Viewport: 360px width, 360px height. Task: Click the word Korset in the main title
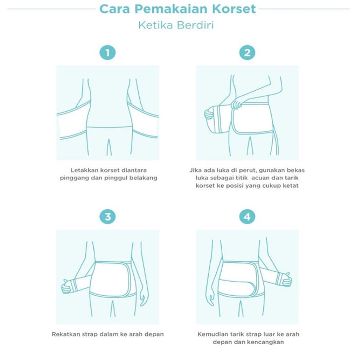(234, 9)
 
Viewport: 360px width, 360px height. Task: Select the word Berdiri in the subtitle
(195, 25)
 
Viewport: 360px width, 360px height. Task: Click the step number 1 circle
(108, 53)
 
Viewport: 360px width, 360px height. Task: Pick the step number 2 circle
(247, 53)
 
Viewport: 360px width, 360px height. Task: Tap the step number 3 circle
(108, 217)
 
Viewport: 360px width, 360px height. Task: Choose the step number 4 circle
(247, 217)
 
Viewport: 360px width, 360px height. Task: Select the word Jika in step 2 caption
(194, 171)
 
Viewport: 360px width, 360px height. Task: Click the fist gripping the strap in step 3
(66, 287)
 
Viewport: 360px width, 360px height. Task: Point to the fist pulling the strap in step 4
(287, 280)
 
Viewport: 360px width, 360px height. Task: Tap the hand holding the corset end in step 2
(208, 114)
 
